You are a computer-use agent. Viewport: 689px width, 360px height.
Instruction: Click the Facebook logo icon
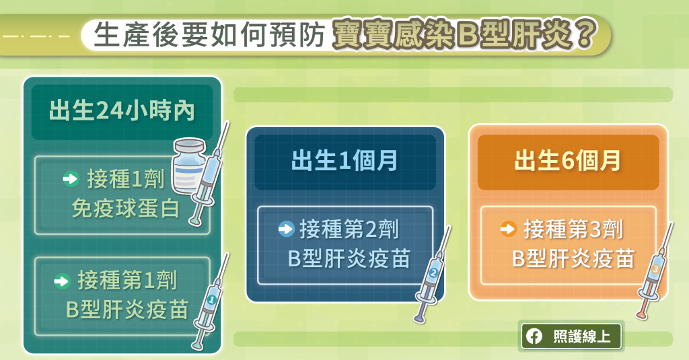534,336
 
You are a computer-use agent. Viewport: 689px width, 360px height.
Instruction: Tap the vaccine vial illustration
189,166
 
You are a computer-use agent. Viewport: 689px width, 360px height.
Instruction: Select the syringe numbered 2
433,275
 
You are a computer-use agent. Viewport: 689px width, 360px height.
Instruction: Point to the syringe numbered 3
654,271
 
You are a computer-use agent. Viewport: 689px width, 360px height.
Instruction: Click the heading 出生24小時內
122,110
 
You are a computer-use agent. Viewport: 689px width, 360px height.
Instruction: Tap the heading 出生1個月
344,160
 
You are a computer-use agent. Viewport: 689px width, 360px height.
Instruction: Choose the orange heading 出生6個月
568,160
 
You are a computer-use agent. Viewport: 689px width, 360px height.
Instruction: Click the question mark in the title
583,34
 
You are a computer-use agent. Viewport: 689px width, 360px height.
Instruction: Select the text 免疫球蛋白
126,209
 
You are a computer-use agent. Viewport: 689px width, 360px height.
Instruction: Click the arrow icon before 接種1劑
71,179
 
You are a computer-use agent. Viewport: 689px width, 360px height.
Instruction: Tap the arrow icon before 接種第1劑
62,281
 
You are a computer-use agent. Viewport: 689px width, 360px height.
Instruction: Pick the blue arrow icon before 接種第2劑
286,229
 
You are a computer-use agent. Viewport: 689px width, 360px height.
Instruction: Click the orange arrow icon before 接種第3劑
509,229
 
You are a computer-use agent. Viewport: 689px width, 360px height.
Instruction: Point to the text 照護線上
582,336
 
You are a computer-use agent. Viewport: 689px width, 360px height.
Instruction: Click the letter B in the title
468,35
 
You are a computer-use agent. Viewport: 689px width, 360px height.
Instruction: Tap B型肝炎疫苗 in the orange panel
573,258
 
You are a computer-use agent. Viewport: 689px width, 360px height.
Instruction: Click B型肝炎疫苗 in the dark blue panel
349,258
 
